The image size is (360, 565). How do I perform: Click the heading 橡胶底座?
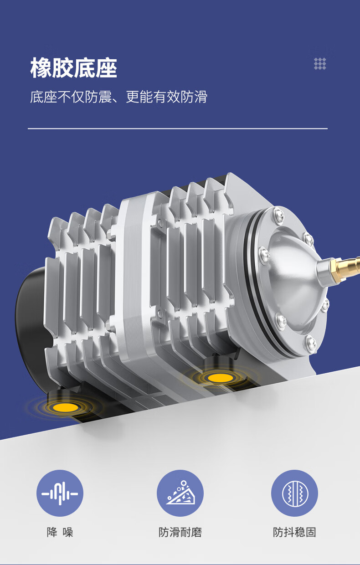[x=74, y=67]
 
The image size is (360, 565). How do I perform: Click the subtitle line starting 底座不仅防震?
[x=118, y=97]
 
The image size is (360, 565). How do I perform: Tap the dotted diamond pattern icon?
[x=320, y=64]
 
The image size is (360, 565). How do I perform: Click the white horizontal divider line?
[x=178, y=128]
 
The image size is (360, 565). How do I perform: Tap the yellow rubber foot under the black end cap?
[x=65, y=407]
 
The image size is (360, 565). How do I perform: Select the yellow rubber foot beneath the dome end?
[x=220, y=378]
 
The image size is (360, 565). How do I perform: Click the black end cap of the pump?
[x=31, y=325]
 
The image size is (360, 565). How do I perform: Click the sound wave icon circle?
[x=60, y=493]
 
